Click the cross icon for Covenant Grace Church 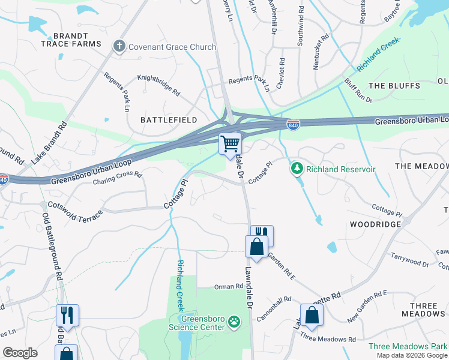click(119, 46)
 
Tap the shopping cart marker click(230, 144)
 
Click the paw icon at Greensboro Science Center click(234, 323)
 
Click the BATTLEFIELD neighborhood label click(169, 120)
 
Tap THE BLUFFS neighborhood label click(394, 86)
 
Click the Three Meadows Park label click(407, 346)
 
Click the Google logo click(20, 353)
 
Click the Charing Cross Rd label click(117, 178)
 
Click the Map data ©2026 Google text click(412, 355)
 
